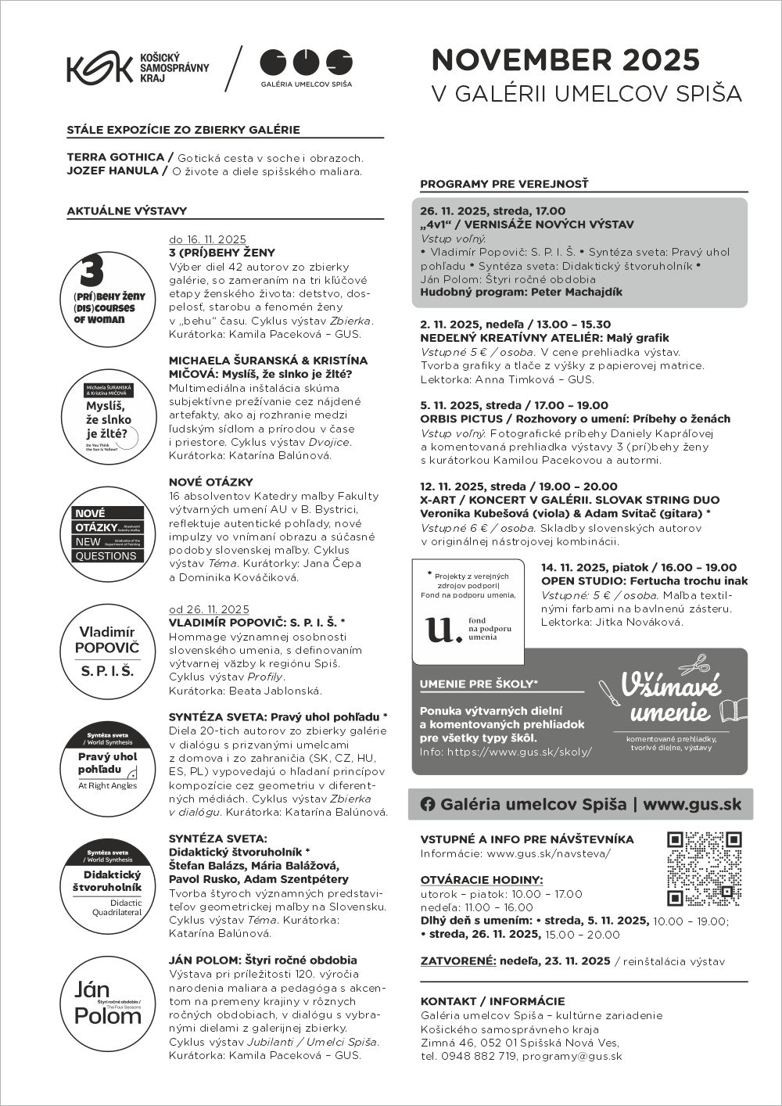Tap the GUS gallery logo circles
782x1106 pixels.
pyautogui.click(x=306, y=61)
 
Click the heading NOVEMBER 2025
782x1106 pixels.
pyautogui.click(x=565, y=60)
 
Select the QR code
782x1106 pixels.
pyautogui.click(x=704, y=868)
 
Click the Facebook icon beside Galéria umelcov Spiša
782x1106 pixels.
pyautogui.click(x=428, y=804)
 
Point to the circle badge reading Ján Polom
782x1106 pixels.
pyautogui.click(x=108, y=1003)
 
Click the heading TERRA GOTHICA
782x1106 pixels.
pyautogui.click(x=116, y=157)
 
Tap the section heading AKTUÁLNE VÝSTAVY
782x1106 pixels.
pyautogui.click(x=127, y=210)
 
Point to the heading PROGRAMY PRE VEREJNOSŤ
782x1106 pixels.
pyautogui.click(x=504, y=185)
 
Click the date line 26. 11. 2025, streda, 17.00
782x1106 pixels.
pyautogui.click(x=493, y=211)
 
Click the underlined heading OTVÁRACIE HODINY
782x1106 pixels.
pyautogui.click(x=482, y=880)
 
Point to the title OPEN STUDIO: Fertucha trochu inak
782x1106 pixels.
pyautogui.click(x=644, y=581)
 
